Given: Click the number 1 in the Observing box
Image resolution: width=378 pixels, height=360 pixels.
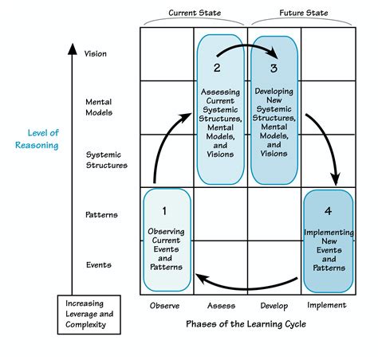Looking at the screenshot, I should pos(164,211).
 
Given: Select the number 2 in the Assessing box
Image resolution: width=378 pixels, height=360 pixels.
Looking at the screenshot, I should pos(218,68).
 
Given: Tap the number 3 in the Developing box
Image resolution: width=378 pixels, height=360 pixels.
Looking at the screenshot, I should pos(274,68).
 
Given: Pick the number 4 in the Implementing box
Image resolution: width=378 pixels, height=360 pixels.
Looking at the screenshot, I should pos(327,211).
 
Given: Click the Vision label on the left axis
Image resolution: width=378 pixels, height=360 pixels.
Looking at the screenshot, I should pos(95,54).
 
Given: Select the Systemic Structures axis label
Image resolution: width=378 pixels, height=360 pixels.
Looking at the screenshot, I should pos(106,160).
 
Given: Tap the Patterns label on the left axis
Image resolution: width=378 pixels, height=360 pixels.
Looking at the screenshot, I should pos(100,214).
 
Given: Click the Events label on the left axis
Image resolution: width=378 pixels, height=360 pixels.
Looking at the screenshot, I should pos(99,265).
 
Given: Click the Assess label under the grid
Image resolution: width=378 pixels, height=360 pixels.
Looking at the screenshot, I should pos(219,306).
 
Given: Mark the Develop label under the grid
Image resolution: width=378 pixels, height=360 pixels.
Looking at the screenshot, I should pos(273,306).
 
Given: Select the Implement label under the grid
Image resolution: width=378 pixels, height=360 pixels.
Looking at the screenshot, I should pos(326,306).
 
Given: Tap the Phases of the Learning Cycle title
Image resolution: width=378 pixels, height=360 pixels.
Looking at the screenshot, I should pos(246,325).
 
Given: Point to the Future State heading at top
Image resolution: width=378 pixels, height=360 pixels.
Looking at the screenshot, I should pos(302,12).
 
